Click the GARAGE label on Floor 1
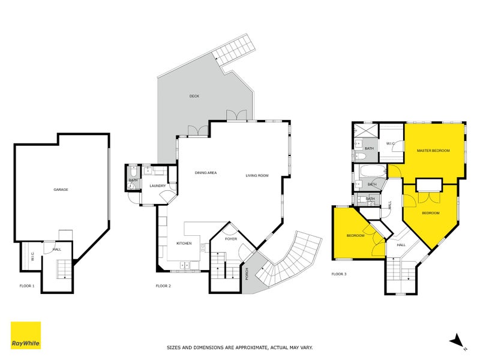point(61,190)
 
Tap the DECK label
point(194,96)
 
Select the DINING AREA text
point(205,173)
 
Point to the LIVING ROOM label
point(256,175)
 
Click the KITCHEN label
point(184,244)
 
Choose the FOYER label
point(231,239)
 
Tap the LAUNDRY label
point(157,186)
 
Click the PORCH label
point(247,273)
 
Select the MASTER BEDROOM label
point(433,151)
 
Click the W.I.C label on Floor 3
point(389,143)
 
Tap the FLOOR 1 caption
point(26,286)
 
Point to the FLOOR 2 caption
point(163,286)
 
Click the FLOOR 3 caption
point(339,274)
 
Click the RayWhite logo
point(26,335)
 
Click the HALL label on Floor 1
point(57,249)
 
